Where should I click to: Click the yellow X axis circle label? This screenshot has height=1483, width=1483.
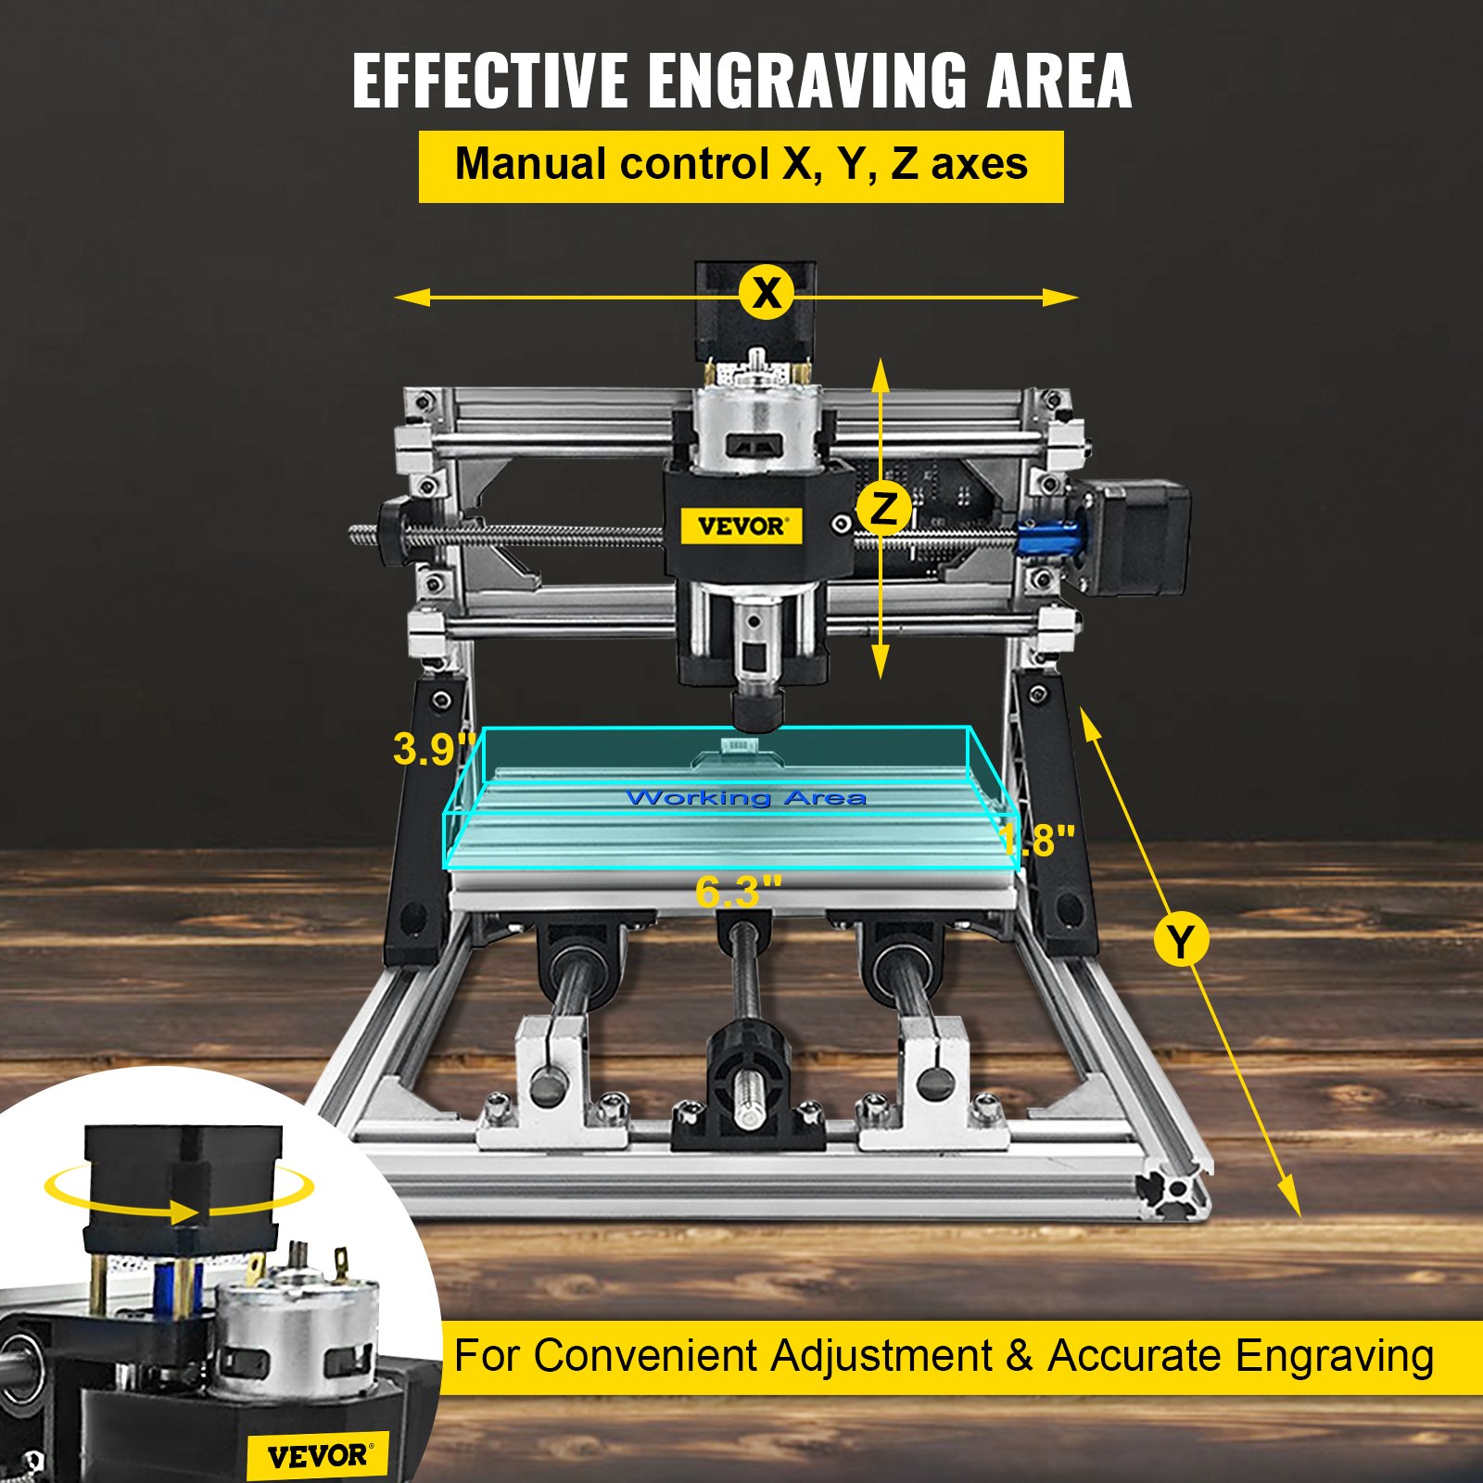[x=767, y=293]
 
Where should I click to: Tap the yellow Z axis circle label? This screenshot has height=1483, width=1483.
[x=884, y=509]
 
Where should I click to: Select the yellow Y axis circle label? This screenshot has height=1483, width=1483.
[x=1181, y=941]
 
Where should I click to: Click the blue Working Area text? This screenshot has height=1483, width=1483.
[x=746, y=798]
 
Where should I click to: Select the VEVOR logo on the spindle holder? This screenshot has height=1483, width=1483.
[x=741, y=526]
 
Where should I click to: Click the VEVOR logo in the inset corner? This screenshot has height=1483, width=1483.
[x=318, y=1456]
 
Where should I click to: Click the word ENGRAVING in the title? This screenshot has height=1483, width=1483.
[x=806, y=81]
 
